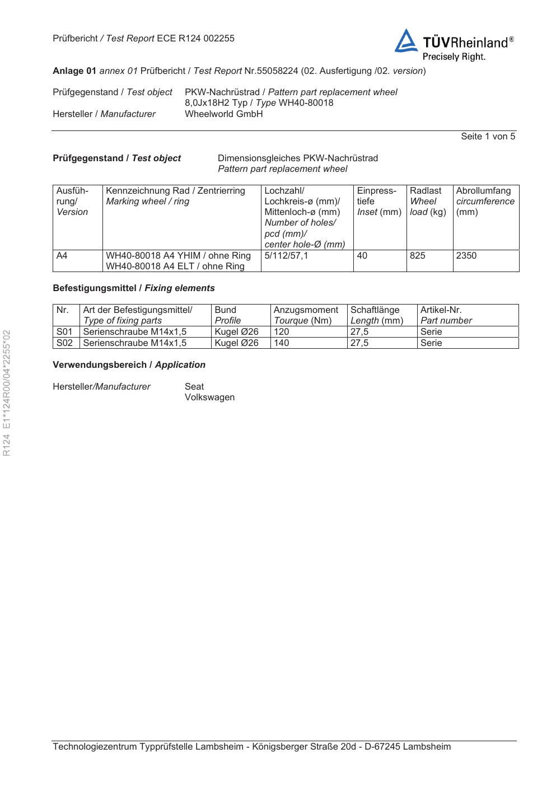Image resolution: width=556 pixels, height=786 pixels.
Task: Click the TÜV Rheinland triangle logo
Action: coord(406,41)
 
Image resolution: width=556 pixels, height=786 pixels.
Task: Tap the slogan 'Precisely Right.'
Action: coord(454,57)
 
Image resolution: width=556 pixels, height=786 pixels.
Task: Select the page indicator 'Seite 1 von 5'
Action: coord(488,137)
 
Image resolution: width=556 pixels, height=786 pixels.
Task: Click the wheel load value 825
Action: coord(418,256)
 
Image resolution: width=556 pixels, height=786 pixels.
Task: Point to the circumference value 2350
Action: coord(466,256)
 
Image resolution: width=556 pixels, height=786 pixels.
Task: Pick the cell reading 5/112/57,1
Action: coord(286,256)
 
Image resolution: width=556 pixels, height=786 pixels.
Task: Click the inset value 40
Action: coord(363,256)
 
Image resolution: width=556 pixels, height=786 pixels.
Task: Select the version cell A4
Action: coord(62,256)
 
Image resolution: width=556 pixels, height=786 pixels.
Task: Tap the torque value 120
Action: coord(282,332)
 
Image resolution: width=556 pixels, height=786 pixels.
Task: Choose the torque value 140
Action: coord(282,343)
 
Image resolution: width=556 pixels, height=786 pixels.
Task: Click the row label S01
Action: coord(64,332)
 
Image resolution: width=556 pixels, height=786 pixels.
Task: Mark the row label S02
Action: coord(64,343)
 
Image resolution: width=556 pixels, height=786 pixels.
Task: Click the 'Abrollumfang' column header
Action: coord(484,191)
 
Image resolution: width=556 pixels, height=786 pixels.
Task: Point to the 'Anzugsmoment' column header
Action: coord(306,310)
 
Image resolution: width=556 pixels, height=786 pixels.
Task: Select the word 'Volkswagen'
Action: coord(209,397)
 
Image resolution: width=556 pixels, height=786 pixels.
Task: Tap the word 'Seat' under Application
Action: coord(194,387)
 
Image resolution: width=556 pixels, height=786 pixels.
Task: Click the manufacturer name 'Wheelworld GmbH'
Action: coord(223,114)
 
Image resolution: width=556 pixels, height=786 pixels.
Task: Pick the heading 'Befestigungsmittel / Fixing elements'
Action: coord(133,288)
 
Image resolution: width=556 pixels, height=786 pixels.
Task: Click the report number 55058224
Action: coord(277,71)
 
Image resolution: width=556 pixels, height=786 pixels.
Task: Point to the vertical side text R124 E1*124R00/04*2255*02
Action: coord(7,392)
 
